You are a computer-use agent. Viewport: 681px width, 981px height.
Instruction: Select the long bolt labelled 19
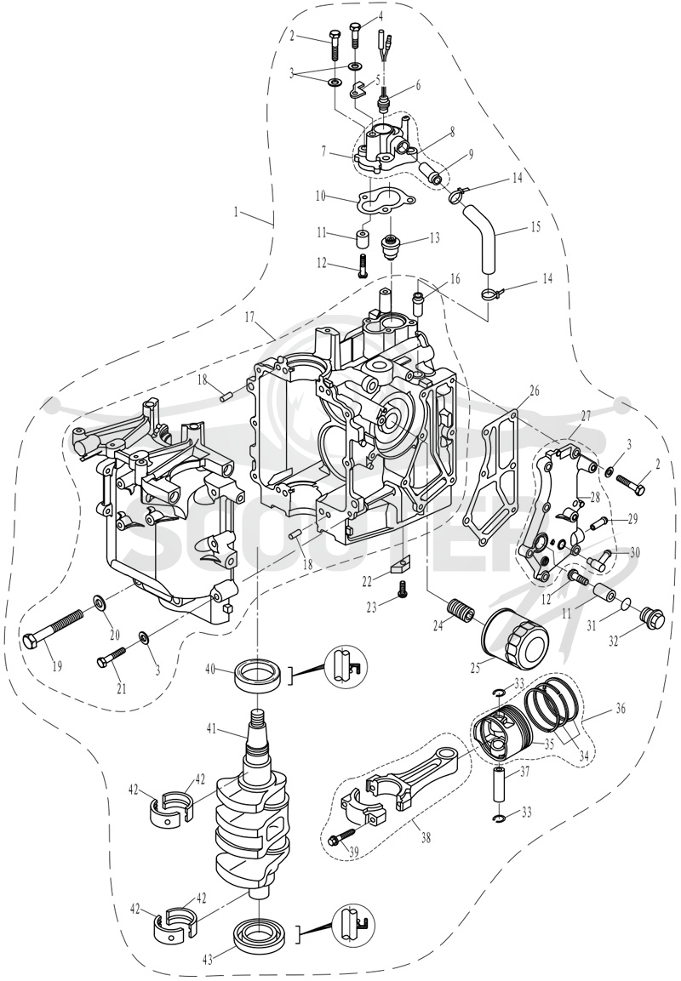pos(55,628)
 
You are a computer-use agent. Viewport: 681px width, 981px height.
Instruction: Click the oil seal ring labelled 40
pos(257,675)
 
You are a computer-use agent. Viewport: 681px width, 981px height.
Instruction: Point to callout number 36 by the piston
pos(621,709)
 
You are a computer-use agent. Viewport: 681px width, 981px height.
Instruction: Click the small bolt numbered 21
pos(112,657)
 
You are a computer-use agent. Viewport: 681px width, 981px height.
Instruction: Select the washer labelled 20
pos(99,603)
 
